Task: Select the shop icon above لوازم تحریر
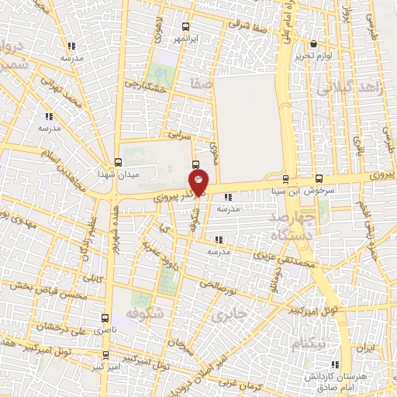(x=314, y=44)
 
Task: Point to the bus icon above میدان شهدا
(x=118, y=161)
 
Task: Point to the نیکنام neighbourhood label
(x=310, y=342)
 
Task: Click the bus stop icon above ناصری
(x=105, y=318)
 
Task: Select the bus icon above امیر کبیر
(x=105, y=354)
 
